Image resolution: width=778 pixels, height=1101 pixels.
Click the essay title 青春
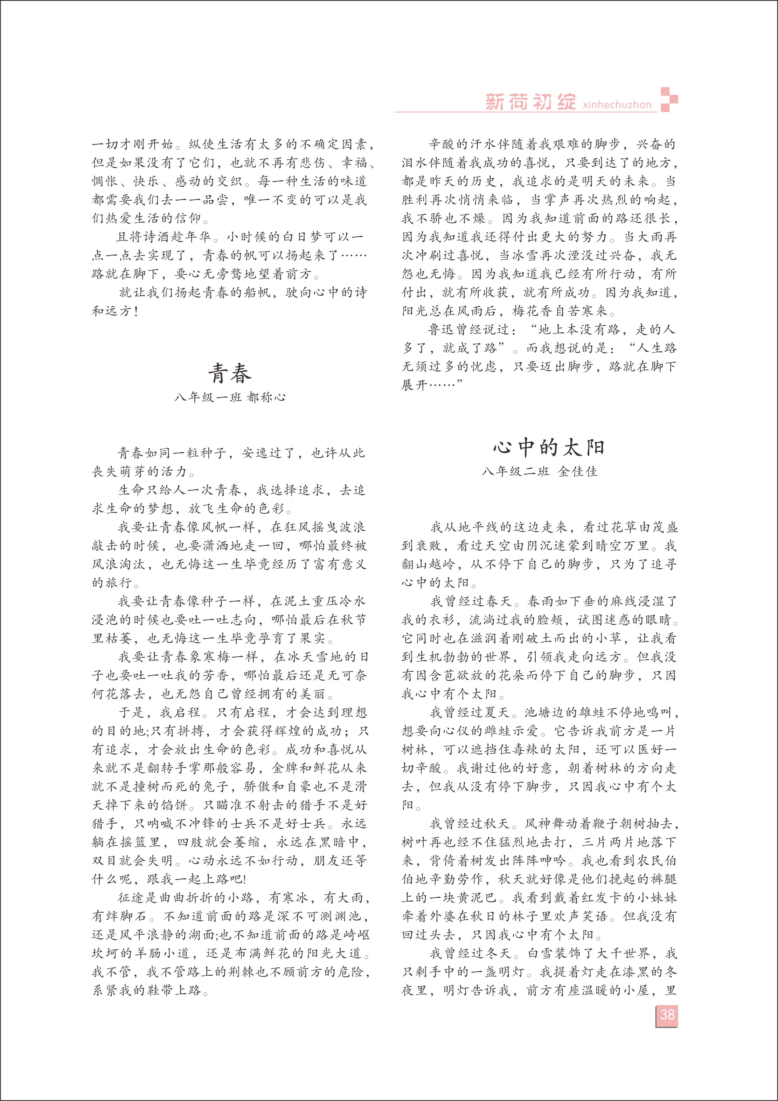pos(230,373)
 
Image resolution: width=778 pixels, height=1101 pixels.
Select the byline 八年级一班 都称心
pos(230,397)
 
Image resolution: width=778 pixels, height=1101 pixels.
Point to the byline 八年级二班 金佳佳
pos(539,471)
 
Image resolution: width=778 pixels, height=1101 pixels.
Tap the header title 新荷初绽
pos(530,102)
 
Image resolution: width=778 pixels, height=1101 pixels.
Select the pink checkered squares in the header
pos(669,100)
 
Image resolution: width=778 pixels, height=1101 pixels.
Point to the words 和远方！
pos(115,311)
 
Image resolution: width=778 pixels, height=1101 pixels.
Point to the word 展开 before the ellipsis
pos(414,385)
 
